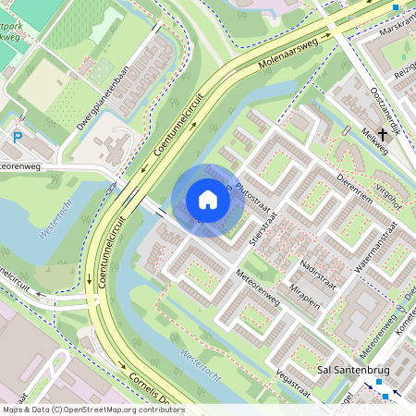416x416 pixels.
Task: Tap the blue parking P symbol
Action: click(x=18, y=138)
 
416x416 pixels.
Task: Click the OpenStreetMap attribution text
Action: click(x=92, y=410)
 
